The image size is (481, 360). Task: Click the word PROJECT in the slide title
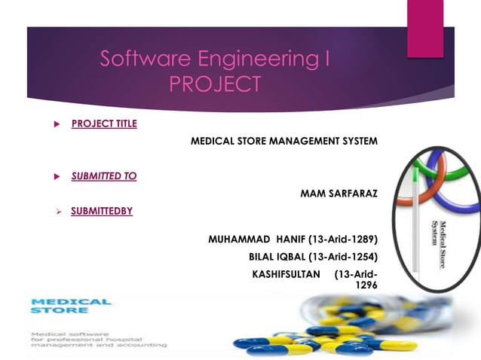pyautogui.click(x=215, y=84)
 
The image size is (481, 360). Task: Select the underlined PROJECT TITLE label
pyautogui.click(x=104, y=124)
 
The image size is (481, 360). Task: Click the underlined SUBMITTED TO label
pyautogui.click(x=104, y=176)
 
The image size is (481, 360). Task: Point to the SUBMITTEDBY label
pyautogui.click(x=102, y=211)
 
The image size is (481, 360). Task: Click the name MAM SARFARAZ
pyautogui.click(x=339, y=194)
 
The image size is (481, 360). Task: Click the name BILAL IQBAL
pyautogui.click(x=277, y=257)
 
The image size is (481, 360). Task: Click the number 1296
pyautogui.click(x=366, y=285)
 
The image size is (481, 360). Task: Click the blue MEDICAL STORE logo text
pyautogui.click(x=71, y=305)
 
